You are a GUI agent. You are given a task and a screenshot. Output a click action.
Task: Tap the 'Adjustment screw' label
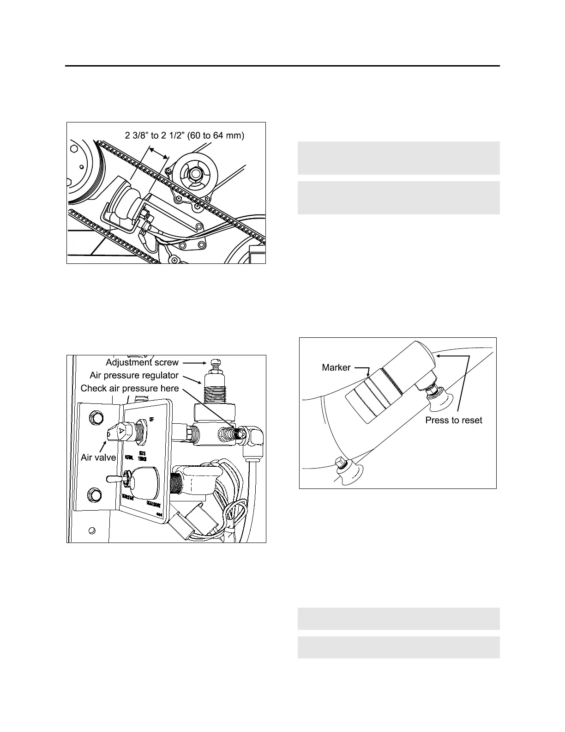click(142, 362)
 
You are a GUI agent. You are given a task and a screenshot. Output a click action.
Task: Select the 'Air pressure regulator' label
click(134, 375)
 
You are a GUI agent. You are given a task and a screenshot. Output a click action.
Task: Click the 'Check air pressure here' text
click(130, 388)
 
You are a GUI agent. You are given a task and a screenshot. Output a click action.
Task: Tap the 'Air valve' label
click(98, 457)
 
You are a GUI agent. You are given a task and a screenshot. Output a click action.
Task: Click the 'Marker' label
click(336, 368)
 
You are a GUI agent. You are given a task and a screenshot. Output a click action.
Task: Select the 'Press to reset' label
click(453, 420)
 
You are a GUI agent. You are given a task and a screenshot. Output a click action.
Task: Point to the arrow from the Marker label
click(363, 368)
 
